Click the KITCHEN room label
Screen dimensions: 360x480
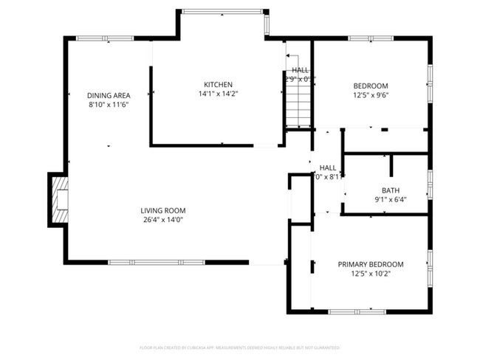[218, 84]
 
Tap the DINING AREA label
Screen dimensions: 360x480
[109, 95]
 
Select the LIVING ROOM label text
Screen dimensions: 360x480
[164, 210]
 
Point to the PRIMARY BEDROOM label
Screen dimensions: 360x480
[371, 264]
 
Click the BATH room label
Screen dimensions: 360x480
[391, 190]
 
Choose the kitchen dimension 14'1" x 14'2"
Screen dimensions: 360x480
[218, 94]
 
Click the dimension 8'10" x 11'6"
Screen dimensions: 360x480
[109, 105]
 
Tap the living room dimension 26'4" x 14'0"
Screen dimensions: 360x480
[164, 219]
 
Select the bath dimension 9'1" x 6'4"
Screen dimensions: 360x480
[391, 199]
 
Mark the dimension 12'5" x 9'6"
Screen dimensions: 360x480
[371, 95]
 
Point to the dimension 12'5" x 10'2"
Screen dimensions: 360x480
[371, 274]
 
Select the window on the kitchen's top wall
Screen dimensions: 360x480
[222, 11]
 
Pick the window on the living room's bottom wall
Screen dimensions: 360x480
[157, 262]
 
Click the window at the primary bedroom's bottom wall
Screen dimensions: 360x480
[357, 312]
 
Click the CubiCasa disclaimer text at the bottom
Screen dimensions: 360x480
[239, 347]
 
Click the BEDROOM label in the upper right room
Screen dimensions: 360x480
[371, 86]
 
